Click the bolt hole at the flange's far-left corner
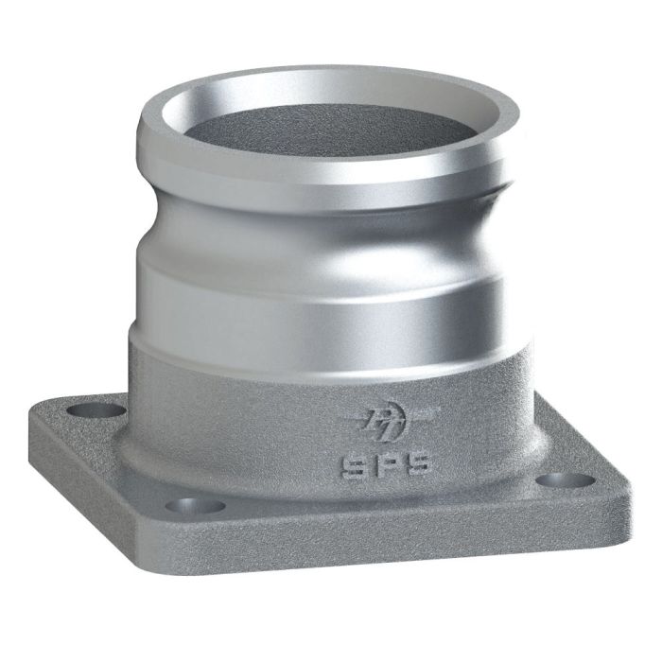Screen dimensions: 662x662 click(98, 411)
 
